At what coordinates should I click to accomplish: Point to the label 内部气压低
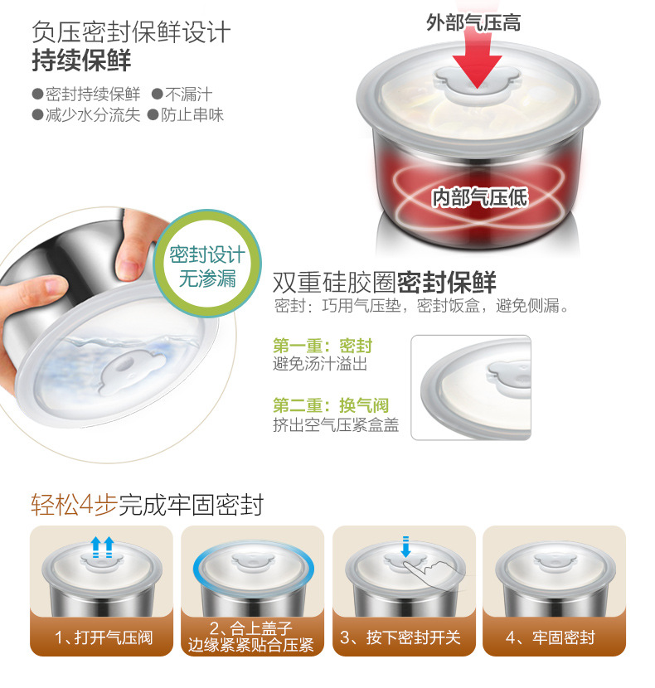pos(480,197)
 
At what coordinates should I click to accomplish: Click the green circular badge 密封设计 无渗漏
pos(207,264)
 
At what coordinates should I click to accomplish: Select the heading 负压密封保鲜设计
pos(131,32)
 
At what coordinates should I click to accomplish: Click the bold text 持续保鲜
pos(81,61)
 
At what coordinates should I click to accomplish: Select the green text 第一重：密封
pos(323,346)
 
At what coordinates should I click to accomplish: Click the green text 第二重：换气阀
pos(331,405)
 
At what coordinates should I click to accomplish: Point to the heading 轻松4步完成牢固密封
pos(147,505)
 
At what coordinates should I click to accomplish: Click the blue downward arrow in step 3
pos(405,547)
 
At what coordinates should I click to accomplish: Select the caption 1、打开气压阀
pos(104,637)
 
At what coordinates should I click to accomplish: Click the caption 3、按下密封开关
pos(400,637)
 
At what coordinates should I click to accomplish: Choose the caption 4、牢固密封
pos(551,637)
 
